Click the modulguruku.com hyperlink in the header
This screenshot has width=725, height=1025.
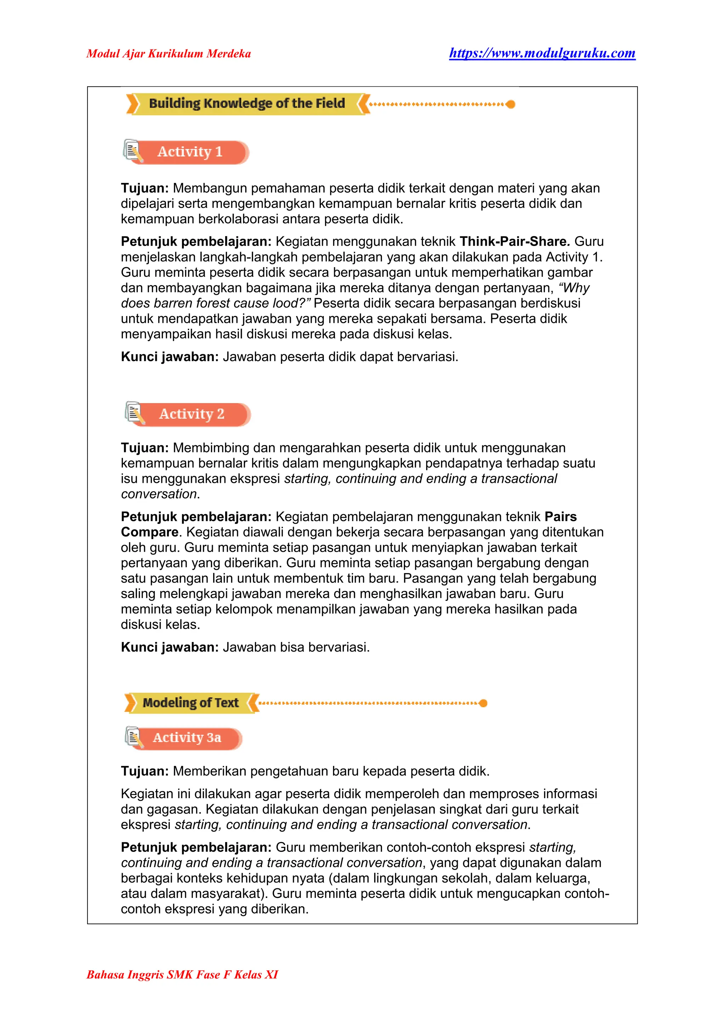tap(542, 53)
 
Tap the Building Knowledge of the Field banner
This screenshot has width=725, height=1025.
tap(247, 104)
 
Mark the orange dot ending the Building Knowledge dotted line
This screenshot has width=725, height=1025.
tap(511, 104)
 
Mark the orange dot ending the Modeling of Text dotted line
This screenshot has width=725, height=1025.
tap(483, 703)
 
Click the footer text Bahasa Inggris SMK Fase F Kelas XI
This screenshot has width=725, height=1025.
tap(182, 974)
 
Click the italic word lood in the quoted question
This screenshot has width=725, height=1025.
tap(289, 303)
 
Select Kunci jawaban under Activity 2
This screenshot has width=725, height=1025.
tap(169, 647)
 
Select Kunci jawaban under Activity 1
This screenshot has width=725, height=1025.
tap(169, 357)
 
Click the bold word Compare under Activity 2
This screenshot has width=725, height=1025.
tap(149, 532)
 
